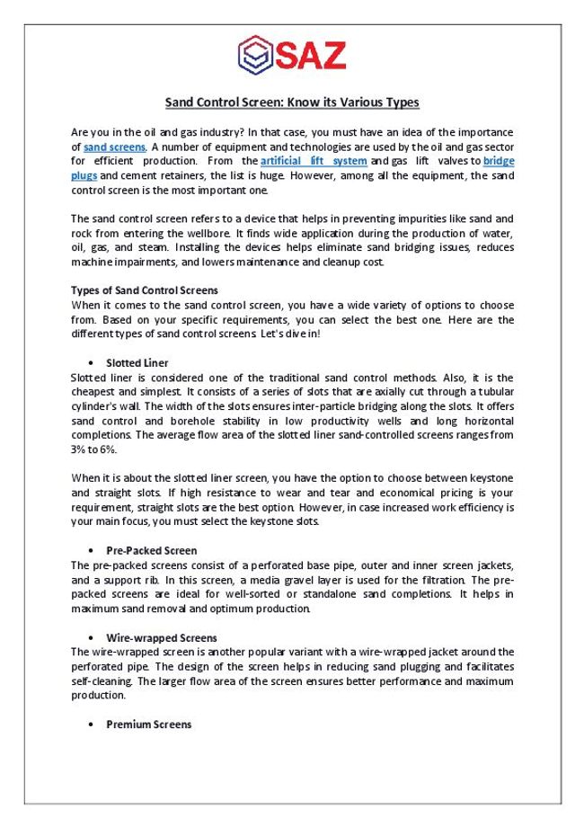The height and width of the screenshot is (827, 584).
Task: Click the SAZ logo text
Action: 311,56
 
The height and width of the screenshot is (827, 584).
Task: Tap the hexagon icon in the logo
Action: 255,56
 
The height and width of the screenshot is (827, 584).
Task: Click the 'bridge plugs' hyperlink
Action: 499,161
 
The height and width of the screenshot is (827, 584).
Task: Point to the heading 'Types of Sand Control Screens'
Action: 144,290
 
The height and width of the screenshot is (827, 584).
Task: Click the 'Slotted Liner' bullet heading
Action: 137,363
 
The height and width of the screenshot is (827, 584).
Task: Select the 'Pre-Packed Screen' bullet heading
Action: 151,550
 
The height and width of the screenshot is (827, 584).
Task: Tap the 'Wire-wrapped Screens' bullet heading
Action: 161,637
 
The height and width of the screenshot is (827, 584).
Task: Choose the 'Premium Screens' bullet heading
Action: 148,725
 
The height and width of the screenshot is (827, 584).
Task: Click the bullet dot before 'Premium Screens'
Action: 93,725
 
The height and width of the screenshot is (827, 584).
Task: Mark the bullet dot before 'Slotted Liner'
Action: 93,363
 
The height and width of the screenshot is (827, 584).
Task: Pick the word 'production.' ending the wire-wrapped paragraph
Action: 98,696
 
